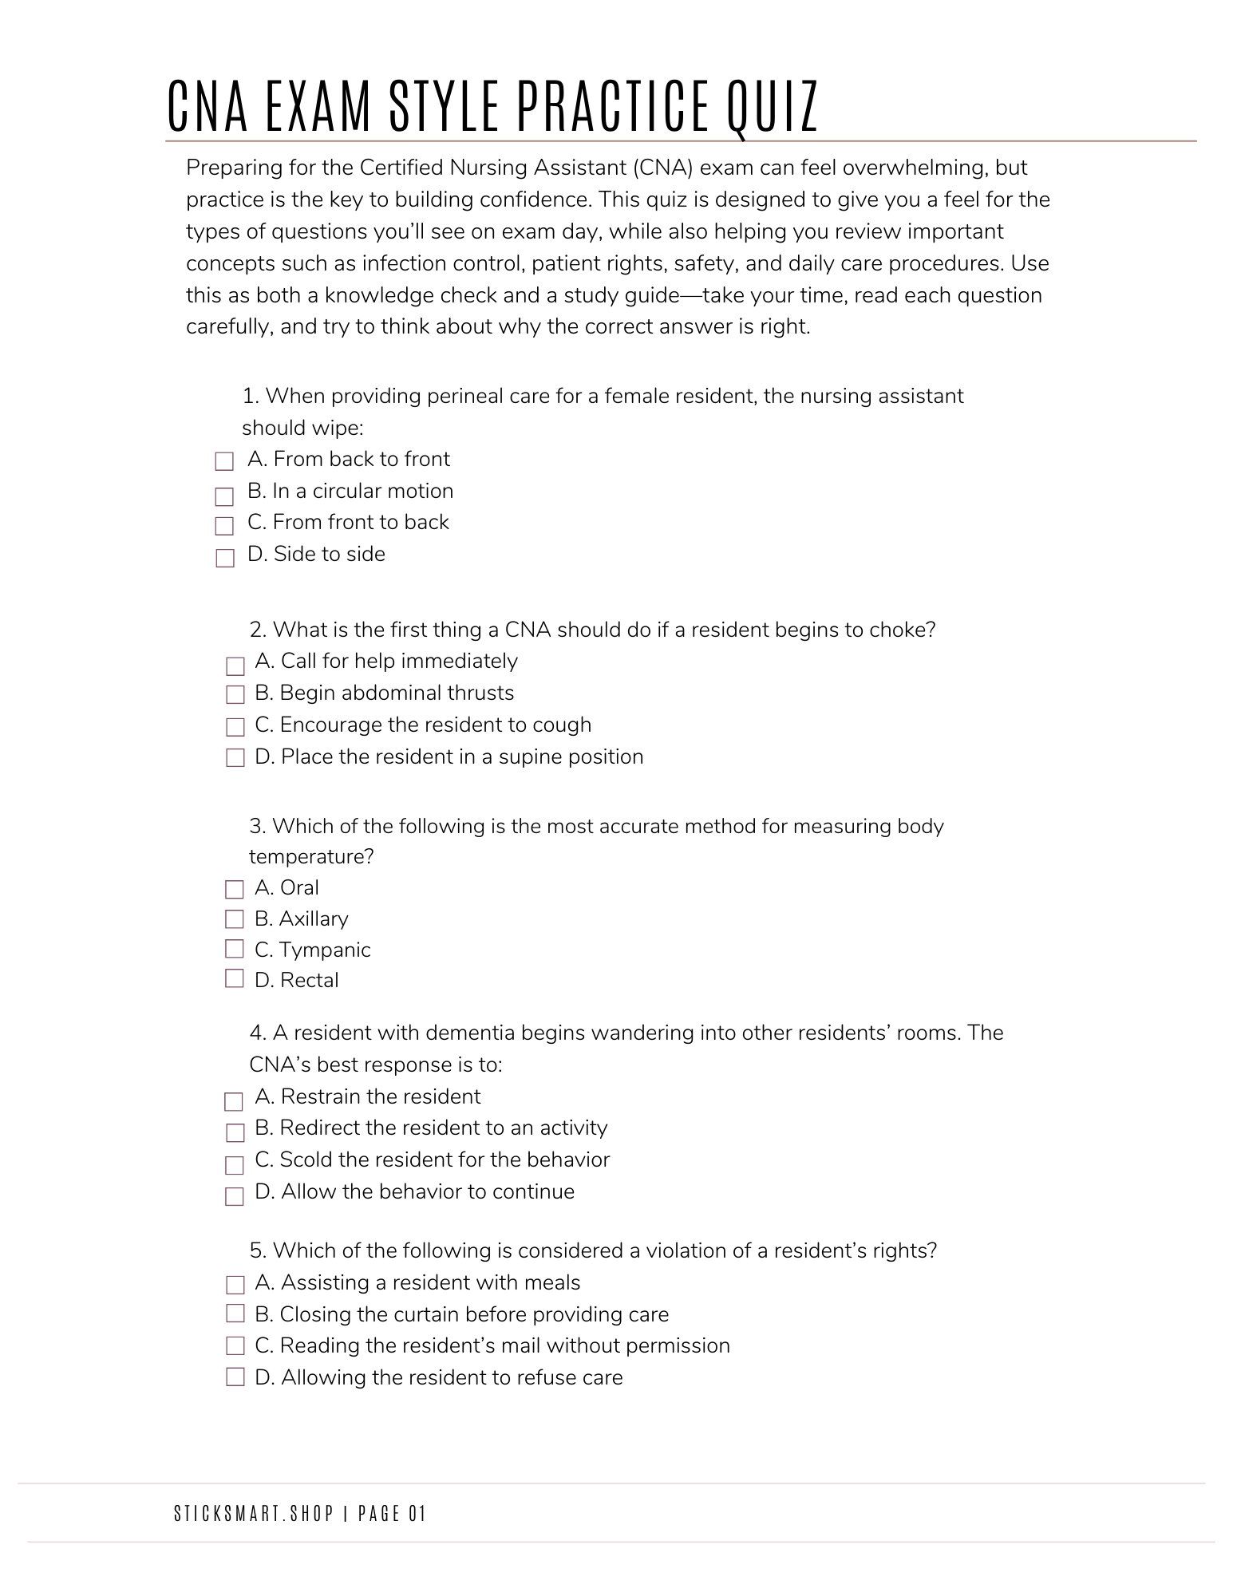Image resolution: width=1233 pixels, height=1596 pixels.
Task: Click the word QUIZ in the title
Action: tap(773, 106)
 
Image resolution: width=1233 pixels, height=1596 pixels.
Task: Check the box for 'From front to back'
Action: tap(224, 525)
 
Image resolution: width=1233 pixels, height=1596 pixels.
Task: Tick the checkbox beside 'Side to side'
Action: tap(224, 557)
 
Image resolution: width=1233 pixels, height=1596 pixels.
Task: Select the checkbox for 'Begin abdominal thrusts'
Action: tap(235, 694)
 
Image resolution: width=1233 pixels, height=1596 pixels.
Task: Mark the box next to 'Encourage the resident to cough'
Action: tap(235, 727)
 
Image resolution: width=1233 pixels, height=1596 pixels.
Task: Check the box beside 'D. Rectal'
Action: tap(234, 978)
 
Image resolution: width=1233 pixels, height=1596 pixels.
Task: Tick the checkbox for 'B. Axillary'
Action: tap(234, 919)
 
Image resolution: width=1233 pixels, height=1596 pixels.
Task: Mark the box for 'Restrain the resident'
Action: tap(233, 1102)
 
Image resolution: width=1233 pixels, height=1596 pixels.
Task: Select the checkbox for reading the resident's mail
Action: tap(235, 1346)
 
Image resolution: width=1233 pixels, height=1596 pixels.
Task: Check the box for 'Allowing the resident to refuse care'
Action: tap(235, 1377)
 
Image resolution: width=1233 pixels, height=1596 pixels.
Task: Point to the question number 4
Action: tap(257, 1033)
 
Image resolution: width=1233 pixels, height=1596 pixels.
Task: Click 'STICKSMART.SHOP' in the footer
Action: tap(254, 1513)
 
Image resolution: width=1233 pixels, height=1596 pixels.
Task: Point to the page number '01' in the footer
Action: tap(417, 1513)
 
